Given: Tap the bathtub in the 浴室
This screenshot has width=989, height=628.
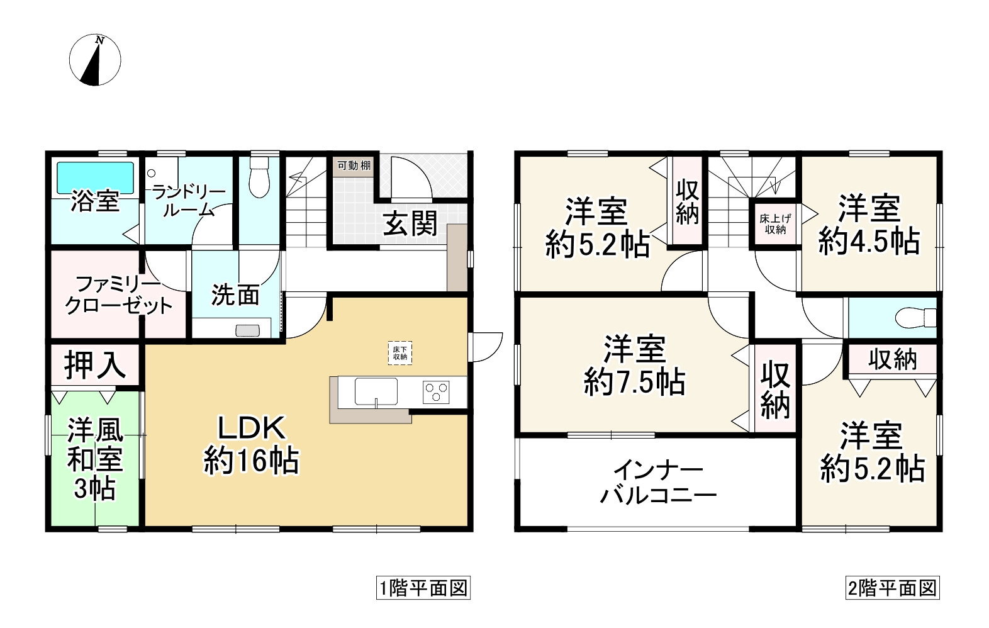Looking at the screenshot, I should pyautogui.click(x=96, y=178).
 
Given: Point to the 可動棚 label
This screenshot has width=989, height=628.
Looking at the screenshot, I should pyautogui.click(x=354, y=166).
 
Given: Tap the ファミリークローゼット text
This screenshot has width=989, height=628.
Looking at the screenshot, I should pyautogui.click(x=120, y=294).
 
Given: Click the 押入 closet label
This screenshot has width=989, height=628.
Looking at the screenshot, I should pyautogui.click(x=94, y=365).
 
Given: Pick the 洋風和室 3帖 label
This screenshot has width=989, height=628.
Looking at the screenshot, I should pyautogui.click(x=94, y=459).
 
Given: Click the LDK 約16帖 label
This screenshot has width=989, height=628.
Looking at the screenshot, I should pyautogui.click(x=252, y=445).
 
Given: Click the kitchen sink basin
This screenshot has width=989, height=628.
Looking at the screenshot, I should pyautogui.click(x=376, y=391).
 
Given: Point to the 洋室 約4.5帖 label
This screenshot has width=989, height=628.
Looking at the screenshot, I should pyautogui.click(x=869, y=225).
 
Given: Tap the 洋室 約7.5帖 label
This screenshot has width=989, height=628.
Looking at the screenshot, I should pyautogui.click(x=635, y=365).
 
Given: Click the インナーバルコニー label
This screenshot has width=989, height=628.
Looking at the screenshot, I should pyautogui.click(x=657, y=483).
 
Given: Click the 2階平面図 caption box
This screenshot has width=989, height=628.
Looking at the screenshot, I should pyautogui.click(x=891, y=588).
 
